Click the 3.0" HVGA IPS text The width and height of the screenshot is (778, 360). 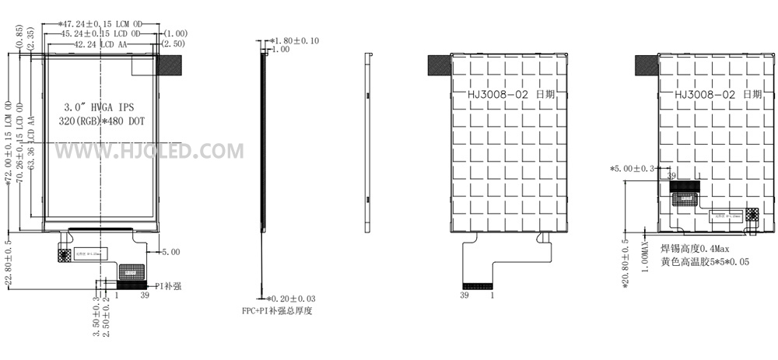point(101,105)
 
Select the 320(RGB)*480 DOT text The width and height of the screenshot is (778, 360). point(101,121)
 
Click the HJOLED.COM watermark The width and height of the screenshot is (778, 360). point(149,151)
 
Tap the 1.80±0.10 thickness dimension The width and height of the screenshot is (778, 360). point(295,40)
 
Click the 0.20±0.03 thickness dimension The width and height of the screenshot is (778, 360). point(291,299)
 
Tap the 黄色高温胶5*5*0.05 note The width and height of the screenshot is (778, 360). point(705,263)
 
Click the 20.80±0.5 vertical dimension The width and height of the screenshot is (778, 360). point(626,264)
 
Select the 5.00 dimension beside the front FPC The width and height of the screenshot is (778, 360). point(170,252)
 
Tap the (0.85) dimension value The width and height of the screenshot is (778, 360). point(19,37)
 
